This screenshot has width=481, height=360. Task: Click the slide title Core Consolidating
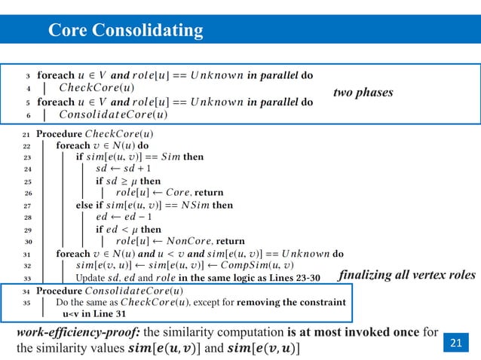[x=126, y=30]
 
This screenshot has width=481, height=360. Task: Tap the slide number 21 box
[x=455, y=344]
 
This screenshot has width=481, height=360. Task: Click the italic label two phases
[x=363, y=93]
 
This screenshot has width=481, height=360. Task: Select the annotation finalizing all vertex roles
[x=408, y=276]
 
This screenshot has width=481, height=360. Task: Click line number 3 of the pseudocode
[x=28, y=76]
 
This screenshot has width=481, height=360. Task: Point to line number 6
[x=28, y=115]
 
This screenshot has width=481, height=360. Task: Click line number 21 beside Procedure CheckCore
[x=27, y=135]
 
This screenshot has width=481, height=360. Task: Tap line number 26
[x=27, y=193]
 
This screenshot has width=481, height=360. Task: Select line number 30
[x=27, y=242]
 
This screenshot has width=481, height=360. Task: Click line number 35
[x=27, y=302]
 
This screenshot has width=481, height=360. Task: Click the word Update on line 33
[x=93, y=278]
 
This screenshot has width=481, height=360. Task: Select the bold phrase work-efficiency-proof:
[x=76, y=331]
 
